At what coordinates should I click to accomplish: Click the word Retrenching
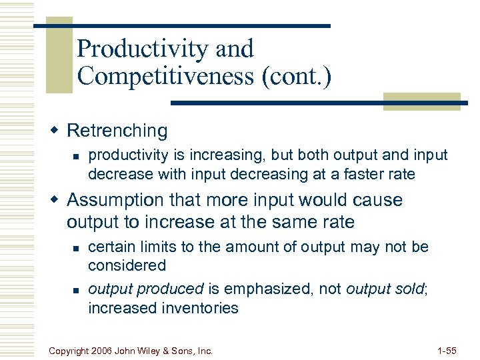[117, 131]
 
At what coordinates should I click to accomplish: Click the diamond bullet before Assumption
[57, 199]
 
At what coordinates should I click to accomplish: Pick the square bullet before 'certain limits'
[76, 248]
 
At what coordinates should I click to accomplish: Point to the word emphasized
[267, 289]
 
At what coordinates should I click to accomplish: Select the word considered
[127, 265]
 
